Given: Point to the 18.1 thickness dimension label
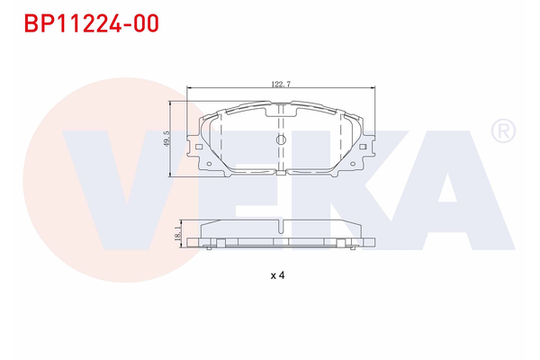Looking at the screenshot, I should point(178,234).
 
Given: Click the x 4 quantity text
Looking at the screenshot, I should point(277,275).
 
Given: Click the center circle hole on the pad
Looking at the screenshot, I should point(280,139).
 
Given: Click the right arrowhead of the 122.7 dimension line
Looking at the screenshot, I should point(373,88).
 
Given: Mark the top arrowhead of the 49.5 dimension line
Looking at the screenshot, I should point(172,103).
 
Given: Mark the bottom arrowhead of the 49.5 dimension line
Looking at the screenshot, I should point(172,177).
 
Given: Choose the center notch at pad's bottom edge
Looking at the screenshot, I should point(281,171).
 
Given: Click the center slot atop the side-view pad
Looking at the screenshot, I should point(281,223).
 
